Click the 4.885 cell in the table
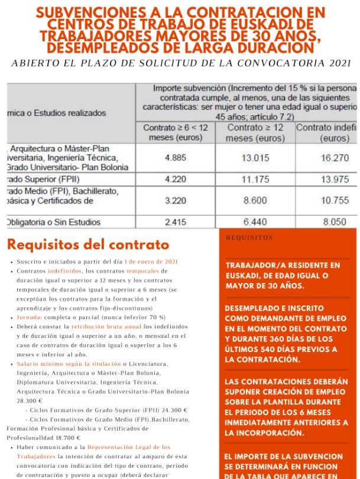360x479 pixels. click(176, 158)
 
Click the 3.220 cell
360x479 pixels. click(176, 200)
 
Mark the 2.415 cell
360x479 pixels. click(176, 222)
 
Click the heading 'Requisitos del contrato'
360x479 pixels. click(88, 245)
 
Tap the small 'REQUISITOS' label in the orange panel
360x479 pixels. click(249, 238)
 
